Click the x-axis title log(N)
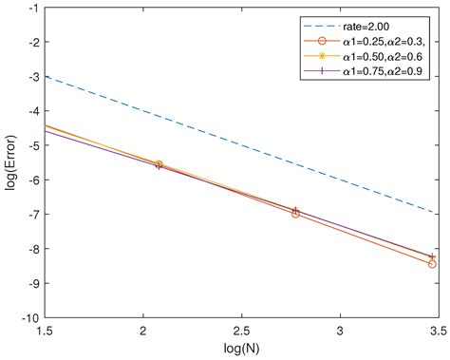pos(241,350)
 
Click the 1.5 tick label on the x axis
pos(45,332)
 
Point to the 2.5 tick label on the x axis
pos(241,332)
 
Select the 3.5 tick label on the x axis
pos(438,332)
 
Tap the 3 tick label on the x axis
pos(340,332)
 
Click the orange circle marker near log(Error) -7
pos(295,214)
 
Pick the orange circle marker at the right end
pos(432,263)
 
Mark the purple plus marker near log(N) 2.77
pos(295,210)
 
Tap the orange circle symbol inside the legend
pos(323,42)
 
